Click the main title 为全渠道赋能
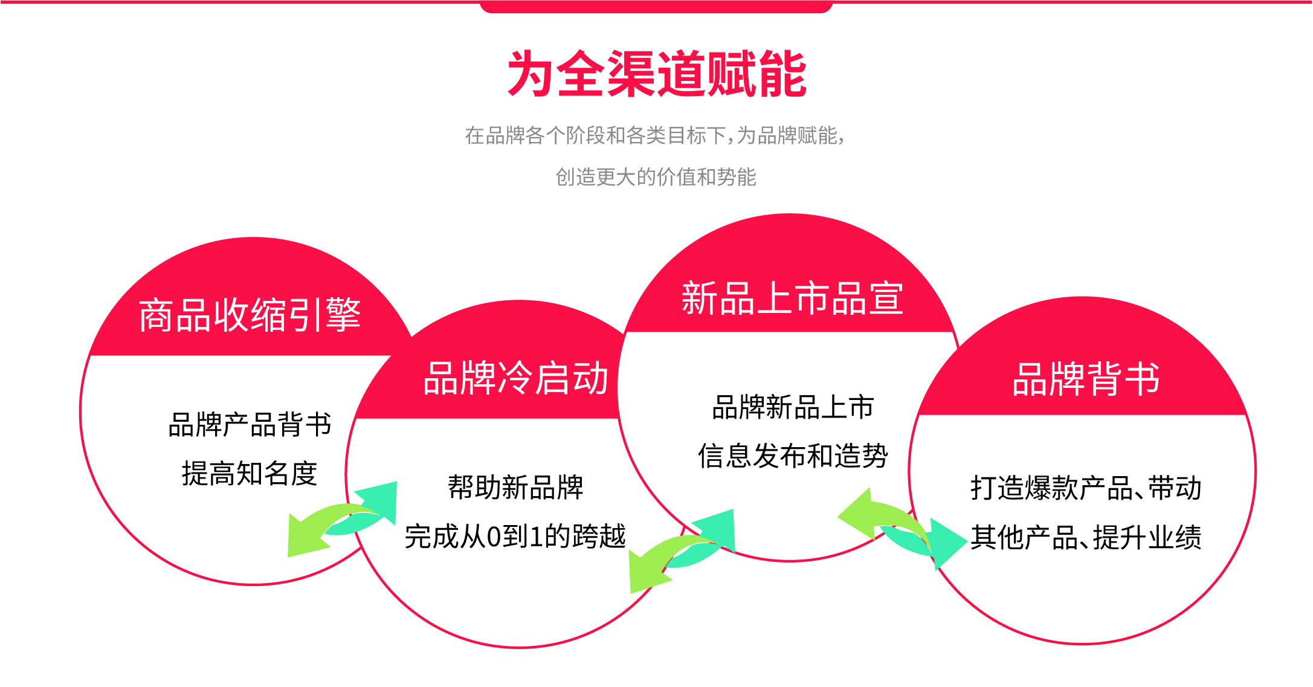coord(657,74)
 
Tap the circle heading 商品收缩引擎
coord(250,315)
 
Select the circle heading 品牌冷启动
coord(515,378)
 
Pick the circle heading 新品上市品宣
coord(792,298)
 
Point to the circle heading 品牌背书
coord(1086,379)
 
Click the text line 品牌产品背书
coord(250,424)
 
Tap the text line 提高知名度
coord(250,473)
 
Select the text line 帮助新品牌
coord(515,487)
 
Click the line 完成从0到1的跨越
coord(515,536)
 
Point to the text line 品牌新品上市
coord(792,407)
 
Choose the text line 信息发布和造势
coord(792,456)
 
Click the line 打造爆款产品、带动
coord(1086,488)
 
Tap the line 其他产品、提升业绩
coord(1086,537)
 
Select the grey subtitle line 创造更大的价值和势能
coord(656,177)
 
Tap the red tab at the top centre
coord(656,7)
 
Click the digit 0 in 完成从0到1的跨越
coord(494,537)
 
